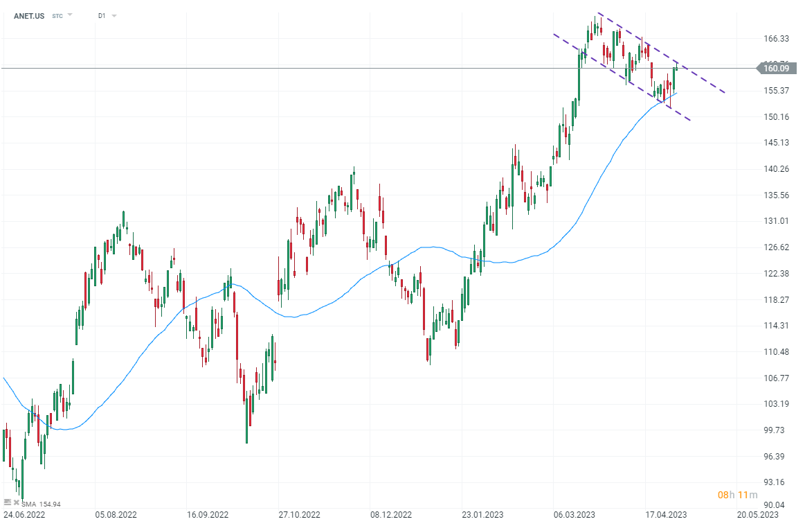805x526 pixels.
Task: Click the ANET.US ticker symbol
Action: coord(29,15)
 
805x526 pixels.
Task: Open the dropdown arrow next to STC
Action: coord(69,15)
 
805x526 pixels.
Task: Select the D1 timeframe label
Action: coord(102,15)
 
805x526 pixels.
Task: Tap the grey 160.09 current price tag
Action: coord(776,68)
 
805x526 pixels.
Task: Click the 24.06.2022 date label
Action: coord(26,516)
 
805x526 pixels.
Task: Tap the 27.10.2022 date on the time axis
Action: coord(300,516)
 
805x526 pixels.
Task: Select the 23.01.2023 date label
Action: coord(482,516)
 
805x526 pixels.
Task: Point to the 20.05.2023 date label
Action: coord(757,516)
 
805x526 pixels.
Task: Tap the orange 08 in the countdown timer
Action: coord(723,495)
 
